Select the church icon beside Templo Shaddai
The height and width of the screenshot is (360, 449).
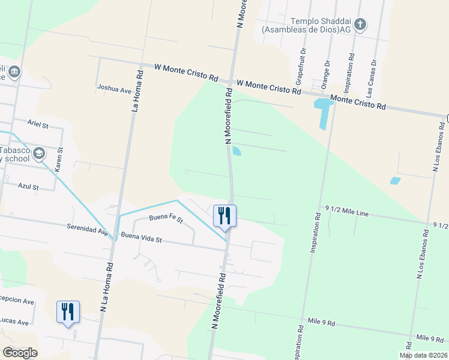click(360, 25)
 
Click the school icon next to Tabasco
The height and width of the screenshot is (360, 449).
click(39, 154)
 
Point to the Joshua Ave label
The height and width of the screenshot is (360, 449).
click(114, 88)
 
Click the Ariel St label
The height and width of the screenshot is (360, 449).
click(37, 123)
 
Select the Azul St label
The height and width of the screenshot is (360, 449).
click(28, 187)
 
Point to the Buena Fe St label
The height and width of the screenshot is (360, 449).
click(166, 219)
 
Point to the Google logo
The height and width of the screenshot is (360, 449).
click(20, 353)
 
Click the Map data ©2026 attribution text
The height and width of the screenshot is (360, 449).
click(424, 355)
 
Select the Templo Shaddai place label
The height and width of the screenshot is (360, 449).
click(306, 24)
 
